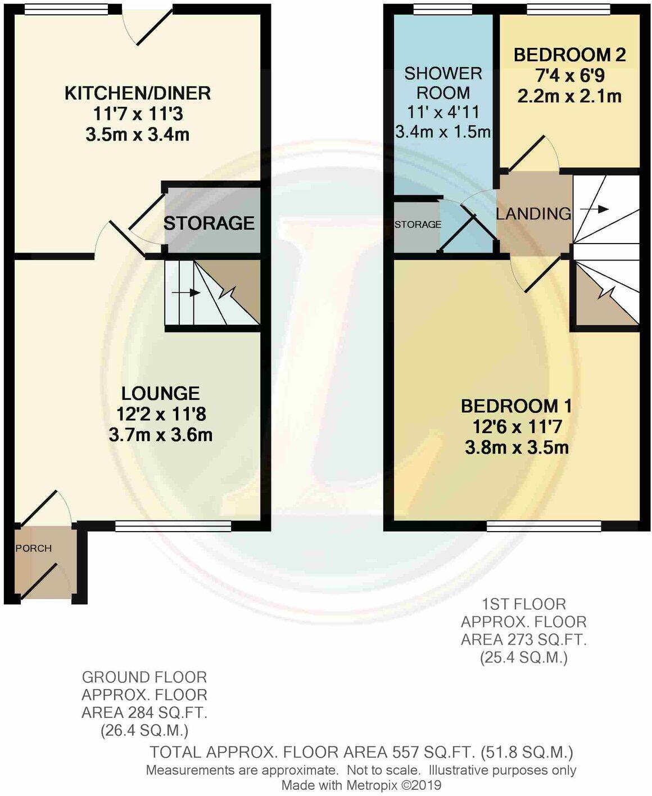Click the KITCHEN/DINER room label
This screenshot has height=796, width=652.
coord(138,93)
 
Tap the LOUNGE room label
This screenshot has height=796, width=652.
coord(161,393)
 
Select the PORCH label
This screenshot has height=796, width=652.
coord(34,548)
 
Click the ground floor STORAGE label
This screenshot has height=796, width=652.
coord(209,223)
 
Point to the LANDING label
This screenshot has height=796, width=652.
coord(533,214)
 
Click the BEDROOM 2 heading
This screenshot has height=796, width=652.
coord(569,55)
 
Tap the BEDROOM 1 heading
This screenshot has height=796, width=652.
coord(517,406)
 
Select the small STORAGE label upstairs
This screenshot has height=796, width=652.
coord(418,224)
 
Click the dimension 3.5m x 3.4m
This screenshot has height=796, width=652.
coord(138,135)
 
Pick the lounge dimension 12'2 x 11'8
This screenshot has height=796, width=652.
coord(161,415)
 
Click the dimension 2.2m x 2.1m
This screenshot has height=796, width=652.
coord(569,96)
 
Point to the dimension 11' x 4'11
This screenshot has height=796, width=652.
coord(443,113)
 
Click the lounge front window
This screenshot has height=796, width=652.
coord(173,526)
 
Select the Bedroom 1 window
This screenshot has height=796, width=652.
coord(544,526)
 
